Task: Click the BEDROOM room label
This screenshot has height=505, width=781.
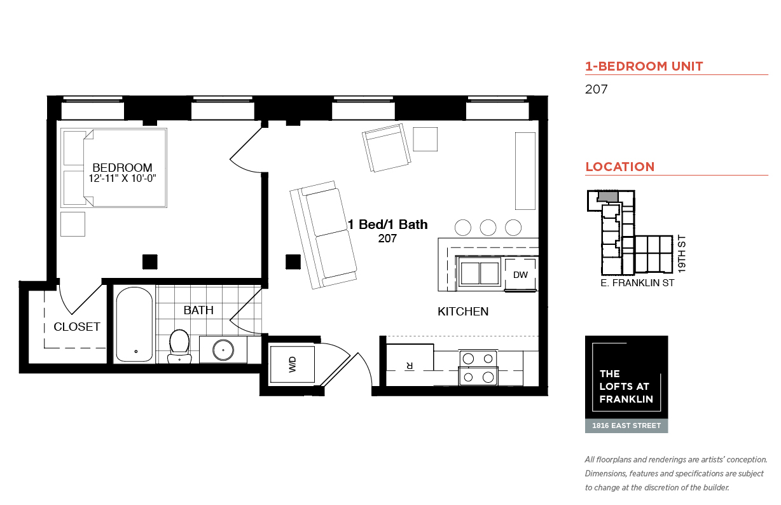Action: pos(122,168)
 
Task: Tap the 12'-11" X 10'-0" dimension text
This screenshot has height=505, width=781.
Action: pos(122,179)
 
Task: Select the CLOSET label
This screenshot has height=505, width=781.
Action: pos(77,327)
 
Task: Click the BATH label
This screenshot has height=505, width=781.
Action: pos(198,310)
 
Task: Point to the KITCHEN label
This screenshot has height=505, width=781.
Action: pos(463,312)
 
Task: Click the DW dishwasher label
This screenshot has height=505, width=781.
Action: pos(520,275)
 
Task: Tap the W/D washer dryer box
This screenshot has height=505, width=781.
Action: pos(292,364)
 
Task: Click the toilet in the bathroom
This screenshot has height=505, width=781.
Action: pos(179,347)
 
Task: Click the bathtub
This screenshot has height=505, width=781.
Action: pos(134,324)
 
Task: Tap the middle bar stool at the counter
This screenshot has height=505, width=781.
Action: pos(488,228)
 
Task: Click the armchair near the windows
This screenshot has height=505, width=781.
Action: pos(386,148)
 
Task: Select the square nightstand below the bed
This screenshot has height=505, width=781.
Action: pos(73,225)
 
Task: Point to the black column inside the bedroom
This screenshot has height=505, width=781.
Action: pos(150,262)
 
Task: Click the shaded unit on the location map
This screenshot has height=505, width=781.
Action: pos(608,196)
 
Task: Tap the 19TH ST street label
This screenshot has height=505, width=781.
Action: pos(682,254)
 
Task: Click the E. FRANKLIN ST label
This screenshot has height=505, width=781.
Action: pos(637,283)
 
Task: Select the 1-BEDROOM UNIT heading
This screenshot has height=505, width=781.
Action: pos(644,66)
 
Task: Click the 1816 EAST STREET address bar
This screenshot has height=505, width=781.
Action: pos(626,425)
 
